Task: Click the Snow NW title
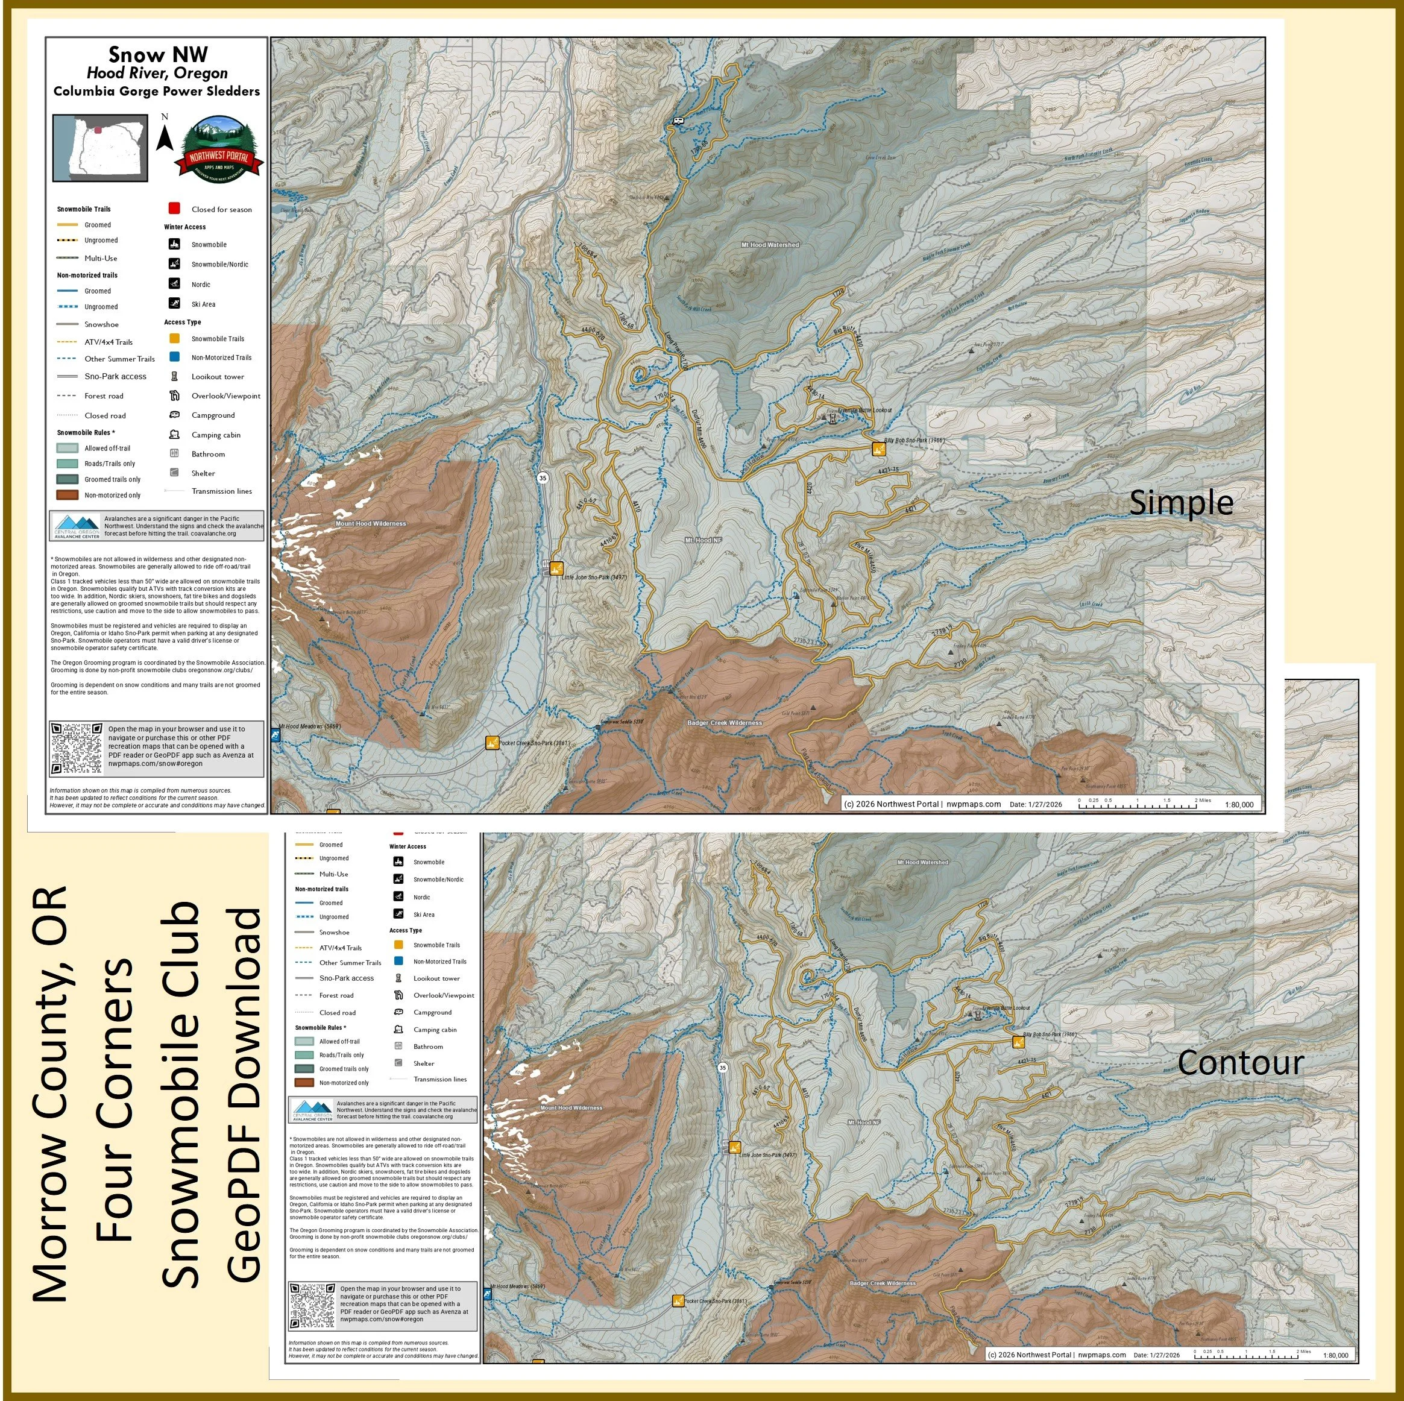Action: point(158,54)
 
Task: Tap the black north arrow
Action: point(165,137)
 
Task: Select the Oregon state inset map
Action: point(100,148)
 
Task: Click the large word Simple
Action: point(1181,503)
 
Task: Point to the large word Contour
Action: point(1241,1063)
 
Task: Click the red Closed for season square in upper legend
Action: point(174,209)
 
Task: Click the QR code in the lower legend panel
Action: point(312,1306)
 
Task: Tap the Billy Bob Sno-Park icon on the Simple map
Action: point(878,449)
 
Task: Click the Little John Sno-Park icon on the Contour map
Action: point(735,1147)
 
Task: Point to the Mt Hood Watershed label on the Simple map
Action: point(770,245)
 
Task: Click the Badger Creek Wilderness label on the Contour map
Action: point(882,1283)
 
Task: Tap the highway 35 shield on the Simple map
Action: point(543,478)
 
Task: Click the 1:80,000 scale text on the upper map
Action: point(1238,804)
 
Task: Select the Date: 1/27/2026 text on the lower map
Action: point(1156,1355)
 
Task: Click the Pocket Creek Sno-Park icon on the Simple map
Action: point(492,743)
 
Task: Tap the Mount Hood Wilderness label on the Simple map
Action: point(371,523)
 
